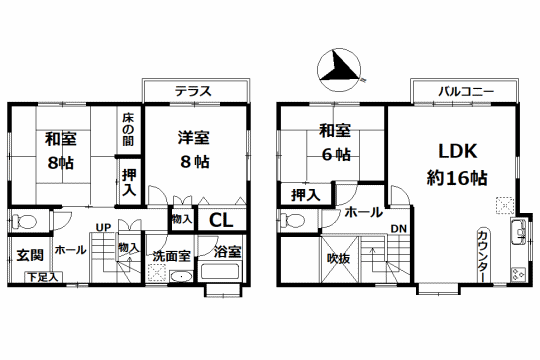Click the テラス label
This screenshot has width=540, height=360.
pos(193,91)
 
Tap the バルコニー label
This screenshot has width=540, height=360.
pos(466,92)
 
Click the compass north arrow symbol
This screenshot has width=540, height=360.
pos(340,70)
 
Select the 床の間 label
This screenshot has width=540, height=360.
pos(128,130)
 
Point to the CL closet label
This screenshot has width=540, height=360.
pos(221,220)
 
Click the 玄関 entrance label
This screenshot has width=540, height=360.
pos(30,255)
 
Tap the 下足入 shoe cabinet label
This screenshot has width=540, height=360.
pos(43,277)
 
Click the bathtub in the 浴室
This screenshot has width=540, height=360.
pos(220,271)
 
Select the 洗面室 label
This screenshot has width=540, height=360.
pos(172,256)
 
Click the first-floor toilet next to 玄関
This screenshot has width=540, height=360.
pos(23,222)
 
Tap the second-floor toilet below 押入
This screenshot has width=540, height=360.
pos(292,221)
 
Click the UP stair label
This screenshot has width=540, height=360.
pos(103,228)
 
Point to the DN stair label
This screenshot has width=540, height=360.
pos(398,229)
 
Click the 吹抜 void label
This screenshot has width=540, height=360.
pos(339,258)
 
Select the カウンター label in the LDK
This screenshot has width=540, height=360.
pos(483,257)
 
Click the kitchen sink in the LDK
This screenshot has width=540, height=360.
pos(518,232)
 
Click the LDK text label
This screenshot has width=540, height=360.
pos(458,151)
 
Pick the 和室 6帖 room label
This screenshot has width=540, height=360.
pos(335,142)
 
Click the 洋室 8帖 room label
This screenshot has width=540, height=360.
pos(194,150)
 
